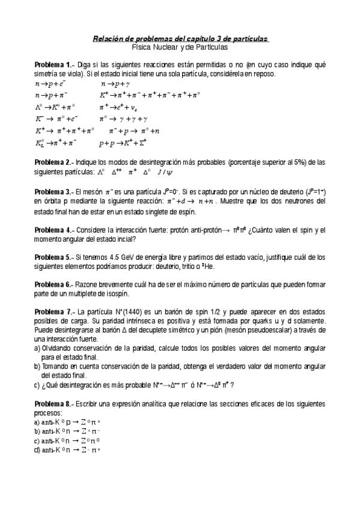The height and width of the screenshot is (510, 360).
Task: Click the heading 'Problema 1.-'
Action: coord(53,64)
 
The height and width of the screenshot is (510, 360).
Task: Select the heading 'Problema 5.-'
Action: coord(53,257)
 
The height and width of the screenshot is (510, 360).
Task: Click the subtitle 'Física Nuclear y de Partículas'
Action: coord(180,46)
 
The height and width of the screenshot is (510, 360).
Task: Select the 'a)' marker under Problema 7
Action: coord(37,349)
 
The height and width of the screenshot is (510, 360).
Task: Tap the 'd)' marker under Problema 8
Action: coord(37,450)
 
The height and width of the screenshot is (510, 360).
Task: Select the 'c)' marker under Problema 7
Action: coord(37,386)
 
